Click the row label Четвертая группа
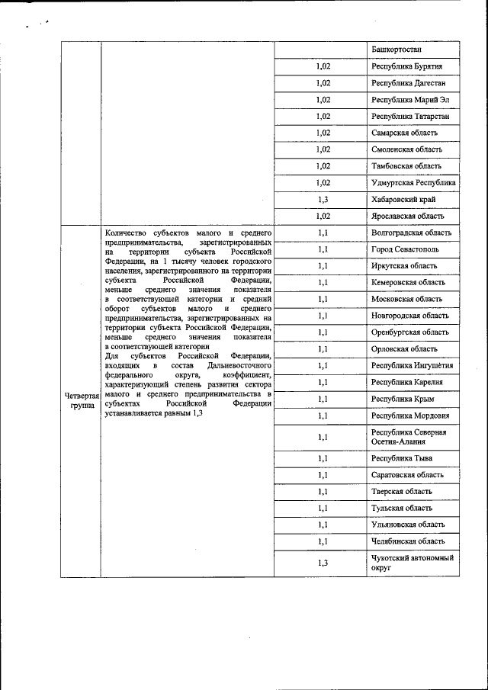click(x=80, y=401)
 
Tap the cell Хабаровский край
click(x=403, y=199)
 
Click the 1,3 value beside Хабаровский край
click(x=323, y=199)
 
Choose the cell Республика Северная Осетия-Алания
click(x=409, y=437)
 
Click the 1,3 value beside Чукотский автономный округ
click(x=323, y=563)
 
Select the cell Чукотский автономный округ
click(x=413, y=563)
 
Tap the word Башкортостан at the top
click(x=396, y=49)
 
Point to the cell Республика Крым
click(x=403, y=399)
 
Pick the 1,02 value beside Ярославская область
click(x=323, y=216)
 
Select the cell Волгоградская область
click(x=411, y=233)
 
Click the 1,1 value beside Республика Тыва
click(x=323, y=458)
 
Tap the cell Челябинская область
click(x=408, y=541)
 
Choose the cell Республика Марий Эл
click(x=406, y=100)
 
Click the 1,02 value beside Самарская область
click(x=323, y=133)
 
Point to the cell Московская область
click(x=406, y=299)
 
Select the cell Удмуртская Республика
click(x=414, y=183)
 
